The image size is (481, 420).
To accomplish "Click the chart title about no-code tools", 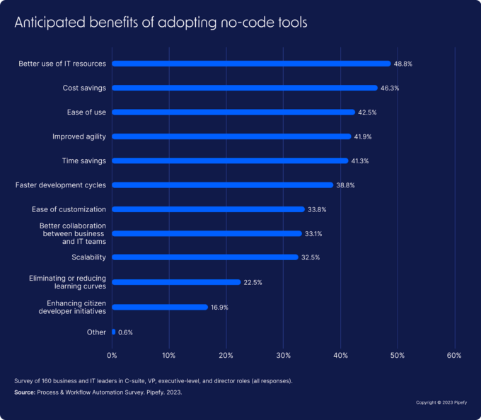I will pos(161,22).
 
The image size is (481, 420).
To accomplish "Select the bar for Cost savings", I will pos(245,88).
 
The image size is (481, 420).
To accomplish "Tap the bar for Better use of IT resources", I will pos(251,64).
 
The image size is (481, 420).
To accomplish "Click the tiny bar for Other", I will pos(113,332).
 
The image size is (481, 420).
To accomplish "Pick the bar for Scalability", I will pos(205,257).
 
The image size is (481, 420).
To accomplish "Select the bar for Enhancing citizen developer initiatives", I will pos(160,307).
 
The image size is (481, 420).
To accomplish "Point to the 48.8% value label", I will pos(402,64).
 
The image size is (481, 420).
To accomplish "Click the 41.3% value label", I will pos(360,161).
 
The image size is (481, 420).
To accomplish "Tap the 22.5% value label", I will pos(253,282).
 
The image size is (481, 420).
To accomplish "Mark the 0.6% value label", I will pos(126,332).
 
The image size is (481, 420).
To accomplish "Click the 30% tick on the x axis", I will pos(283,355).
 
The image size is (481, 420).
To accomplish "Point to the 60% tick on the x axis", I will pos(454,355).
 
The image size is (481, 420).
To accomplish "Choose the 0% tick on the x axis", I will pos(112,355).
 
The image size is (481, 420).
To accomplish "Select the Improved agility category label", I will pos(79,136).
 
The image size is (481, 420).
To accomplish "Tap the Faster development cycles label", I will pos(61,185).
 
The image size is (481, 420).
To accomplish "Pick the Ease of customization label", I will pos(69,209).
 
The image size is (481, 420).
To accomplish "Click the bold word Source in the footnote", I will pos(25,391).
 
